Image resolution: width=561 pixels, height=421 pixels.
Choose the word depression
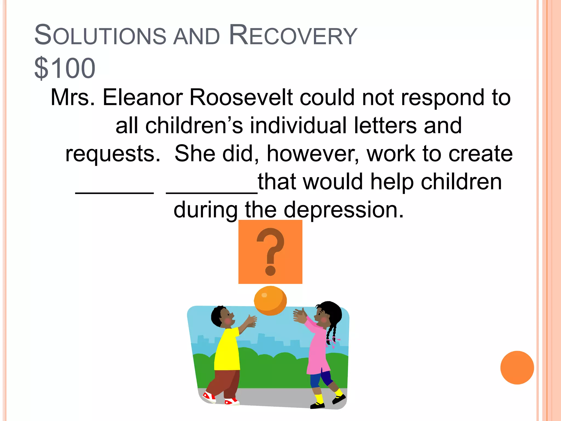point(344,210)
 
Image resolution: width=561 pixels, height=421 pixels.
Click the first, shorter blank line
point(115,192)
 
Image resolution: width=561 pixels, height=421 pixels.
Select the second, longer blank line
point(211,192)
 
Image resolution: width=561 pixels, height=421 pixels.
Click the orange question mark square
point(270,252)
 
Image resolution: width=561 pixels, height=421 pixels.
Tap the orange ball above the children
point(270,301)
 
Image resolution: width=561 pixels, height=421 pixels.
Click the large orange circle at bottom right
point(517,368)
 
